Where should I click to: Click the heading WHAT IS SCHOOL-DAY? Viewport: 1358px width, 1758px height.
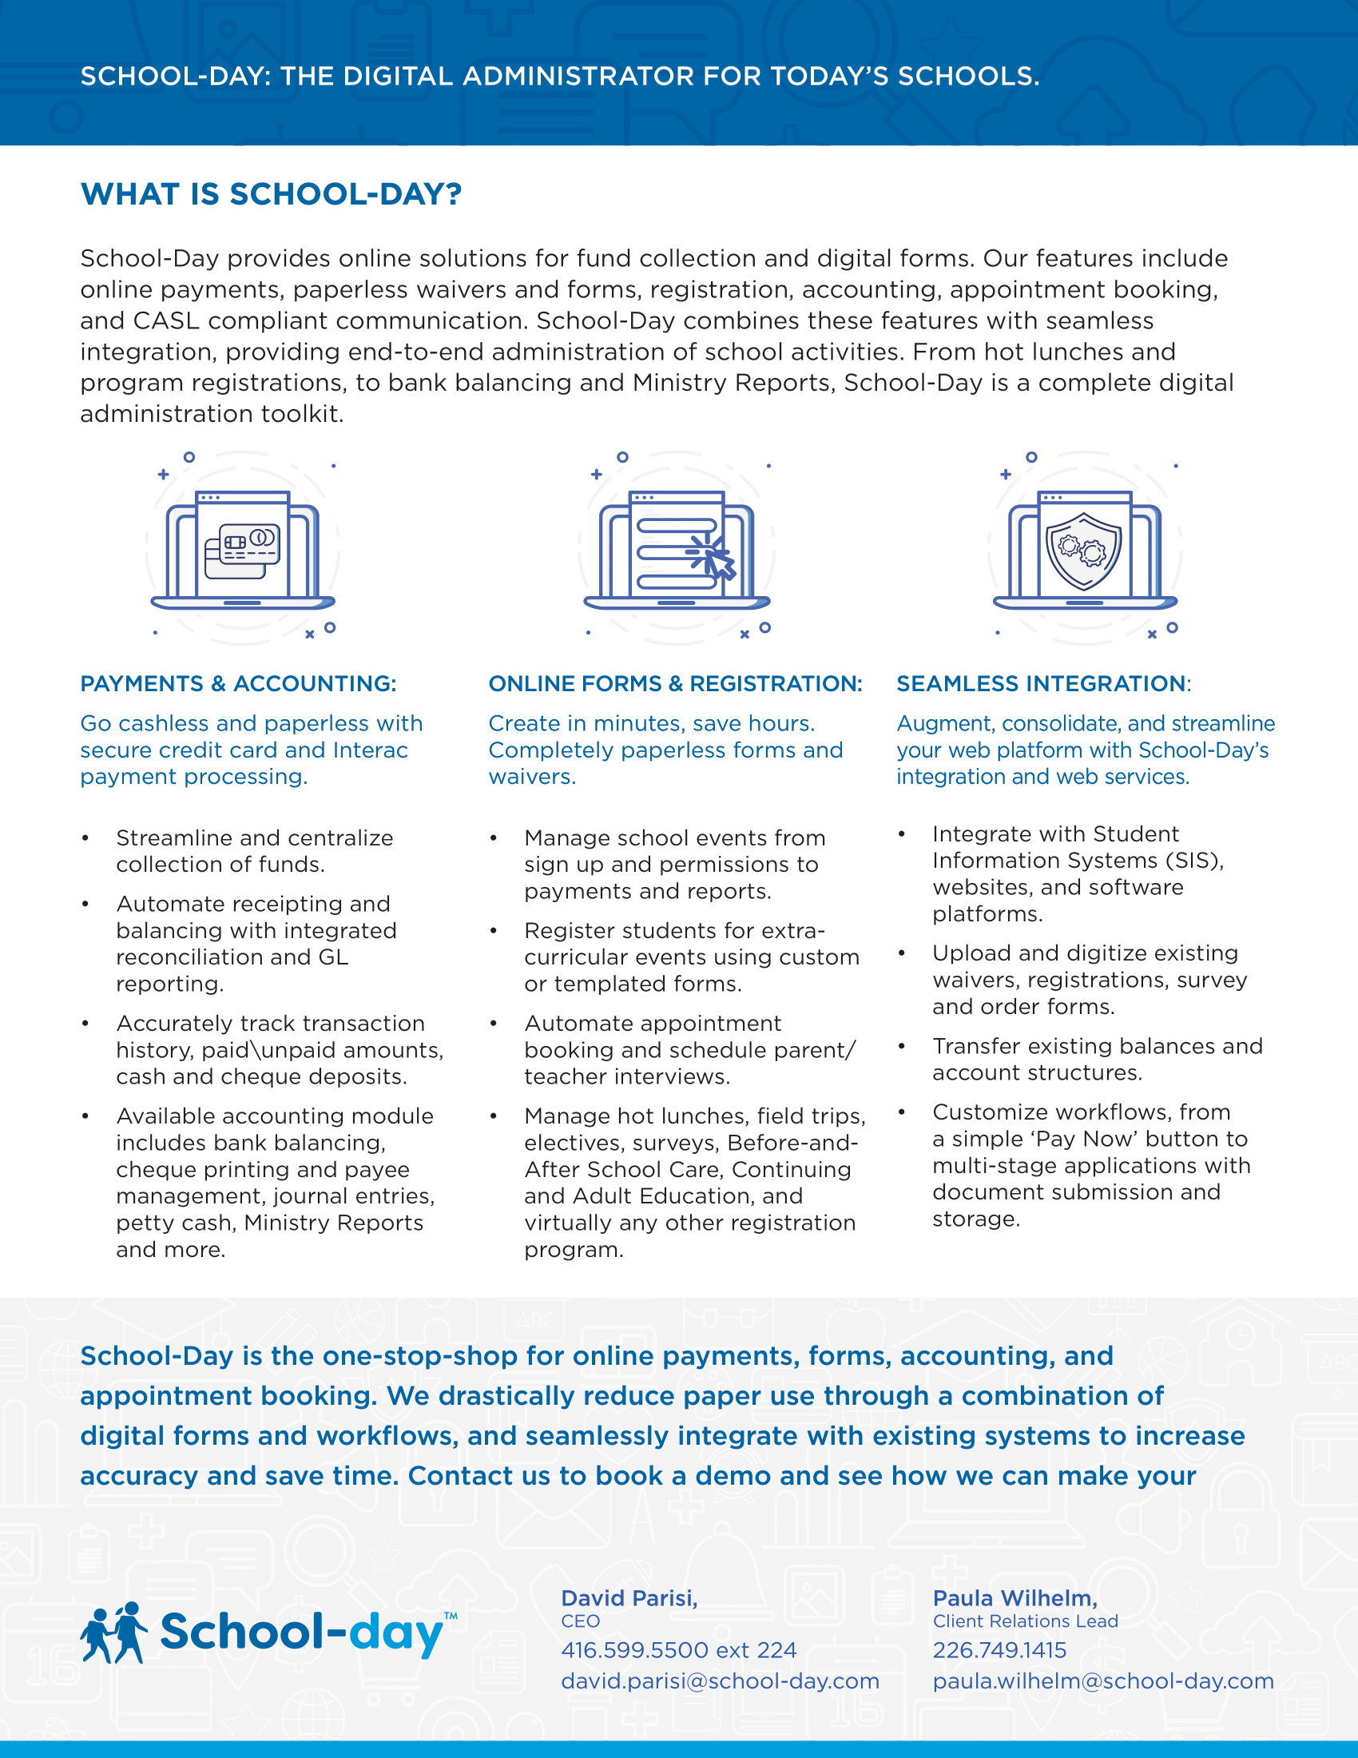point(271,194)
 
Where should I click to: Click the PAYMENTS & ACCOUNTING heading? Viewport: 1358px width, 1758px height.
point(238,683)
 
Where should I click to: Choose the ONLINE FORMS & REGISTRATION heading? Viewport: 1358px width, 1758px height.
point(675,683)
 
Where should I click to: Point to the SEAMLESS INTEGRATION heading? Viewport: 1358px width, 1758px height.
point(1042,683)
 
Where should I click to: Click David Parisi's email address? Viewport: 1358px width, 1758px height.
point(720,1680)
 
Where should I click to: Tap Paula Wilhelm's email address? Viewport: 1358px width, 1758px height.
point(1103,1680)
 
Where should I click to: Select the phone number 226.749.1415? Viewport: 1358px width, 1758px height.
point(999,1650)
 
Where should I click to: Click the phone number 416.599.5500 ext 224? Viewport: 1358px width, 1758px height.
point(678,1650)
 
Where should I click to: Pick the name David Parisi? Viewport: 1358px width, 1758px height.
point(629,1598)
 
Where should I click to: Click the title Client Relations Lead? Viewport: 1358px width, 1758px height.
point(1025,1621)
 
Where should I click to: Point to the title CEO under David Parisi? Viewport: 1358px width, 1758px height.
point(580,1621)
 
